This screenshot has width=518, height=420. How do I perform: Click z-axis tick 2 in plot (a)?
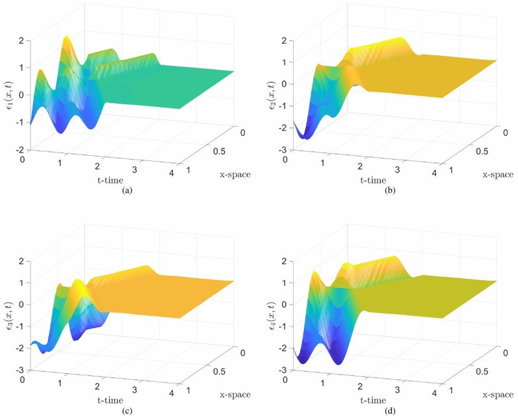pyautogui.click(x=22, y=40)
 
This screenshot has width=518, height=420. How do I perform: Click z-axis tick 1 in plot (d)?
pyautogui.click(x=284, y=282)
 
